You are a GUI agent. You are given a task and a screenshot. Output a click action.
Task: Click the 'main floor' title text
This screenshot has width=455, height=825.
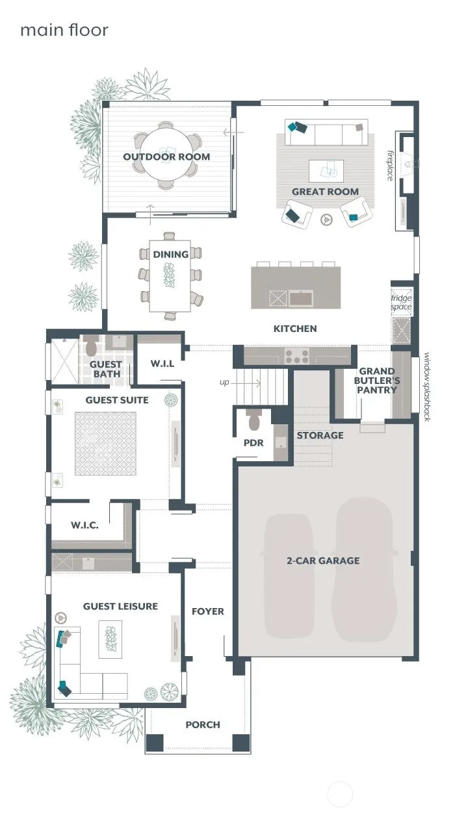point(64,30)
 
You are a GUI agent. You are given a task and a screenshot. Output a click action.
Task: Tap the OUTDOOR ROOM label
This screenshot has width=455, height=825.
point(166,157)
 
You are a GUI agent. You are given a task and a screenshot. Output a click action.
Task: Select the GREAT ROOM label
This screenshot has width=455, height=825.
point(325,192)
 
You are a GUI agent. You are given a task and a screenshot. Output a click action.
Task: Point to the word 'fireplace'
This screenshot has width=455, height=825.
point(390,166)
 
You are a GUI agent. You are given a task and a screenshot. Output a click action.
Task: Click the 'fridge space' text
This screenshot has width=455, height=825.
point(401,302)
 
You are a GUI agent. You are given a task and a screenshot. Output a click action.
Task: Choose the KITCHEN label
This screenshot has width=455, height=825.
point(295,329)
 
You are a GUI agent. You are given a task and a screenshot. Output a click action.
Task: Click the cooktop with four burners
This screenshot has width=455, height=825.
point(297,356)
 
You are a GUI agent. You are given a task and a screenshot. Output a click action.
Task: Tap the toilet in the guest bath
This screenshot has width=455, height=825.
point(91,347)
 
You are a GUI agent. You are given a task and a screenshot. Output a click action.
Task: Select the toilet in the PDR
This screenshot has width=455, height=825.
point(254,419)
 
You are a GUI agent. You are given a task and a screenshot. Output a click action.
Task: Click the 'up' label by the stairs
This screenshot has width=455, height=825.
point(224,383)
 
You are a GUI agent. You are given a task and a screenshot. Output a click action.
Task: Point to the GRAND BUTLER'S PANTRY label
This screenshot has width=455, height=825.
point(376,381)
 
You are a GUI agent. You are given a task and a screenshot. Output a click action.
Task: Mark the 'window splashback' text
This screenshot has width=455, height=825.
point(427,387)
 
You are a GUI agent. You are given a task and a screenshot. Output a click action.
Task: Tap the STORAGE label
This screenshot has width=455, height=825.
point(320,435)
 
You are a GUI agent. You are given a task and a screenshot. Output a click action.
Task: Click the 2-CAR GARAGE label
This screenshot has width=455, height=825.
point(323,561)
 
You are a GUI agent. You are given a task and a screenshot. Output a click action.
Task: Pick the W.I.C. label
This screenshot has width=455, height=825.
point(84,525)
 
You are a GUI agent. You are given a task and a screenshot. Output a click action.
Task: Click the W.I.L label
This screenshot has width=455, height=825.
point(162,364)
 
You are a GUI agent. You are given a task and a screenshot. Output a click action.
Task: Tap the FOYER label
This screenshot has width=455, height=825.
point(208,611)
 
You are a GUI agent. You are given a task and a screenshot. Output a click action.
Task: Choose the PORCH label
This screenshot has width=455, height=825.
point(203,725)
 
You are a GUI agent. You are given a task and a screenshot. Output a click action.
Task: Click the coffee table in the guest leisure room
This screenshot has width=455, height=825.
point(110,639)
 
